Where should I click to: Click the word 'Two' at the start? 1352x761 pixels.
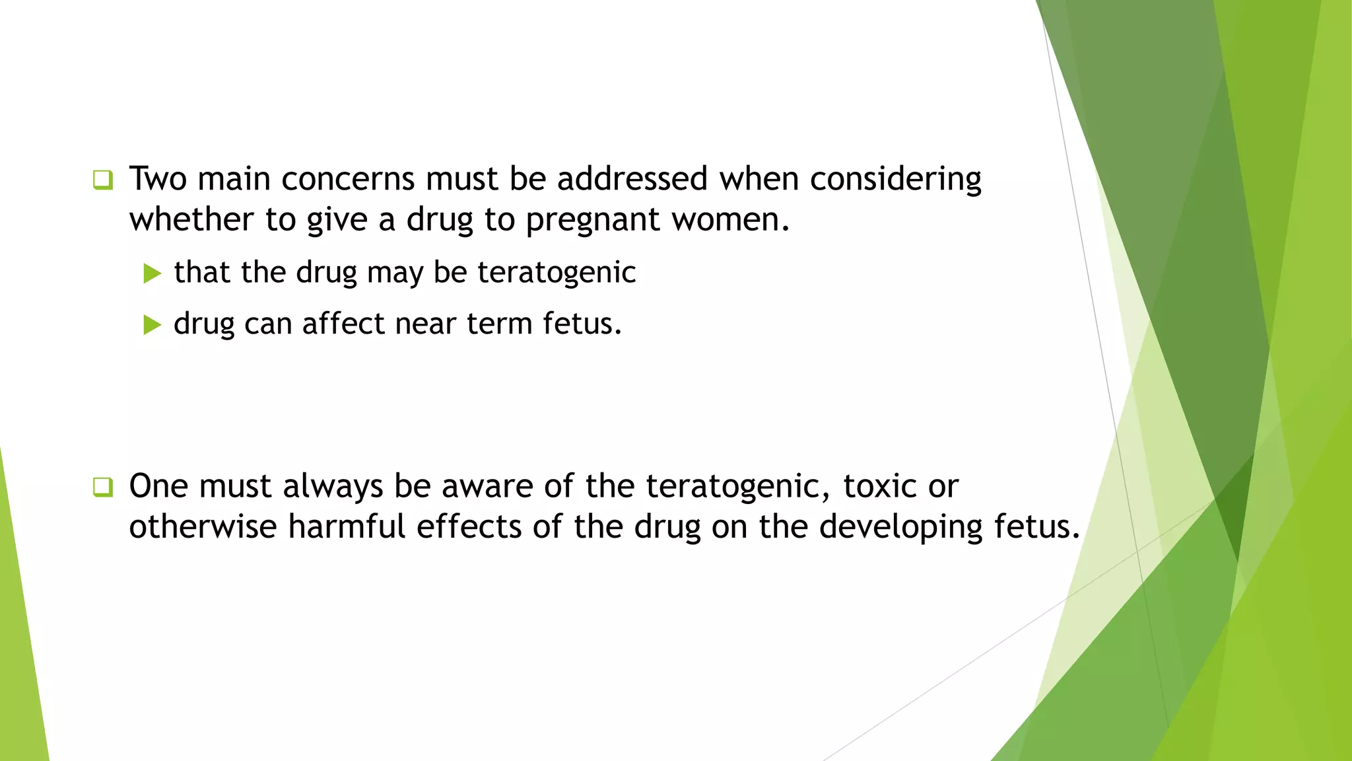pos(158,179)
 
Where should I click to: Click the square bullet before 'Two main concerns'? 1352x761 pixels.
pos(103,180)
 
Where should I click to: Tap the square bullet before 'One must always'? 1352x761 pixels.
pos(103,488)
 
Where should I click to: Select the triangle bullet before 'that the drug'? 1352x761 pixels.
pos(152,273)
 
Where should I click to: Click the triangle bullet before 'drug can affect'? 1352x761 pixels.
pos(152,324)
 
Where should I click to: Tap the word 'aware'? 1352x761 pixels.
pos(487,487)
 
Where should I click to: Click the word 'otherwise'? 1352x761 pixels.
pos(203,527)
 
